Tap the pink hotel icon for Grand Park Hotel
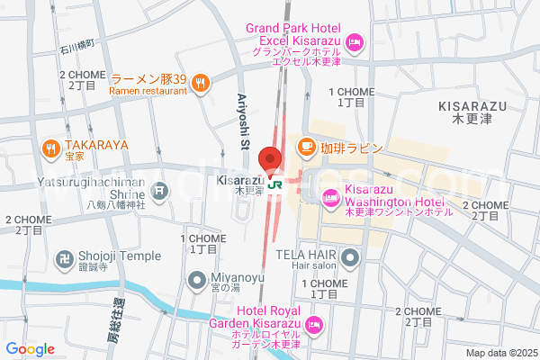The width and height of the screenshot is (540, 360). (x=355, y=40)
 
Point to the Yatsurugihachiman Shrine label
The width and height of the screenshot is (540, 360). (x=77, y=187)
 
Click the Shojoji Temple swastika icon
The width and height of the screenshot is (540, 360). (x=64, y=256)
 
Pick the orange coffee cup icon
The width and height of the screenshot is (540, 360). (x=306, y=146)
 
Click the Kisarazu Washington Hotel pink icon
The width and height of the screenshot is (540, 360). (x=330, y=195)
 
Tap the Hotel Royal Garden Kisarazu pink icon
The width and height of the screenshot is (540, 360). (x=314, y=324)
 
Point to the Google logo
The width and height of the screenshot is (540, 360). (x=30, y=348)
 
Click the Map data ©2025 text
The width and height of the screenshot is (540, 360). (x=499, y=353)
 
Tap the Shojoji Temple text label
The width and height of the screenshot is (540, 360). (x=119, y=256)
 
